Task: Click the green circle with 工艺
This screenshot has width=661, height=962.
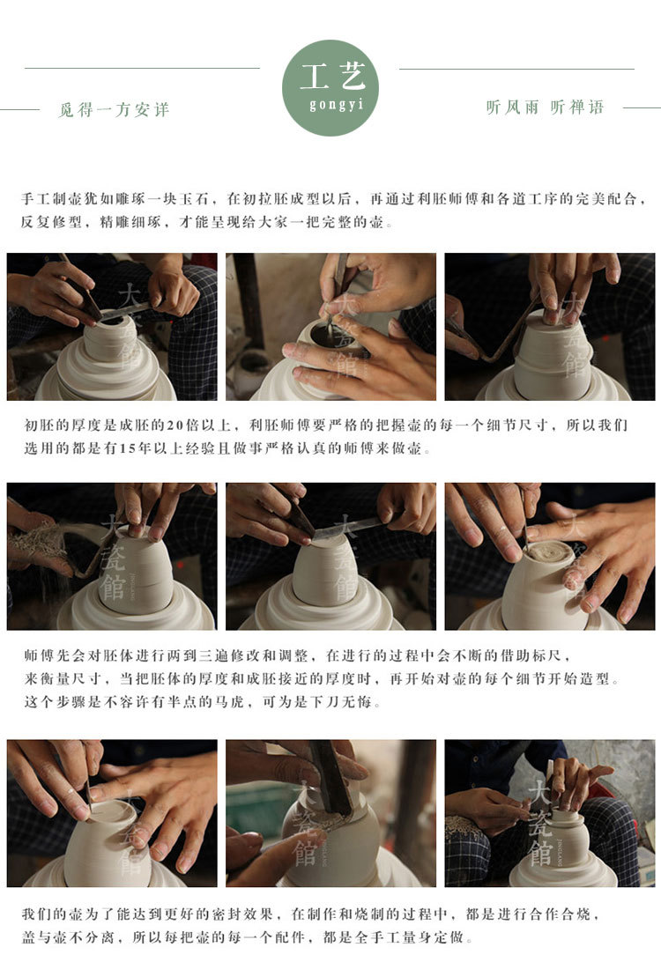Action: tap(330, 88)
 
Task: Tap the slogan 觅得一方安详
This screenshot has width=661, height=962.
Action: tap(114, 110)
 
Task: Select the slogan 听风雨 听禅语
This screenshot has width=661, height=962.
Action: tap(545, 107)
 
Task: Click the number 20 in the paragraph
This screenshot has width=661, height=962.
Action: tap(175, 425)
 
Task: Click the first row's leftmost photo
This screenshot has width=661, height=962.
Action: tap(112, 326)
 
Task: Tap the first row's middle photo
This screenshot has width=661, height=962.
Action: tap(330, 326)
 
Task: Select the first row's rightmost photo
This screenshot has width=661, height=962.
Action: tap(550, 326)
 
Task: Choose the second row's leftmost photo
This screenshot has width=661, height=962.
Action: tap(112, 557)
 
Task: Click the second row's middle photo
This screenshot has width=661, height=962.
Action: tap(330, 557)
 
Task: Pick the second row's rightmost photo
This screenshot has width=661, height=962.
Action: tap(550, 557)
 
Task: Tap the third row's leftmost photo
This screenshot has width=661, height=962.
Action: tap(112, 813)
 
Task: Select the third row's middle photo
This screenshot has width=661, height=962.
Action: tap(330, 813)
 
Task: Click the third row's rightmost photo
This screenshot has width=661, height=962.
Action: tap(550, 813)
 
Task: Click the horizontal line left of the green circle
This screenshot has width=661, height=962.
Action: tap(143, 68)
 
